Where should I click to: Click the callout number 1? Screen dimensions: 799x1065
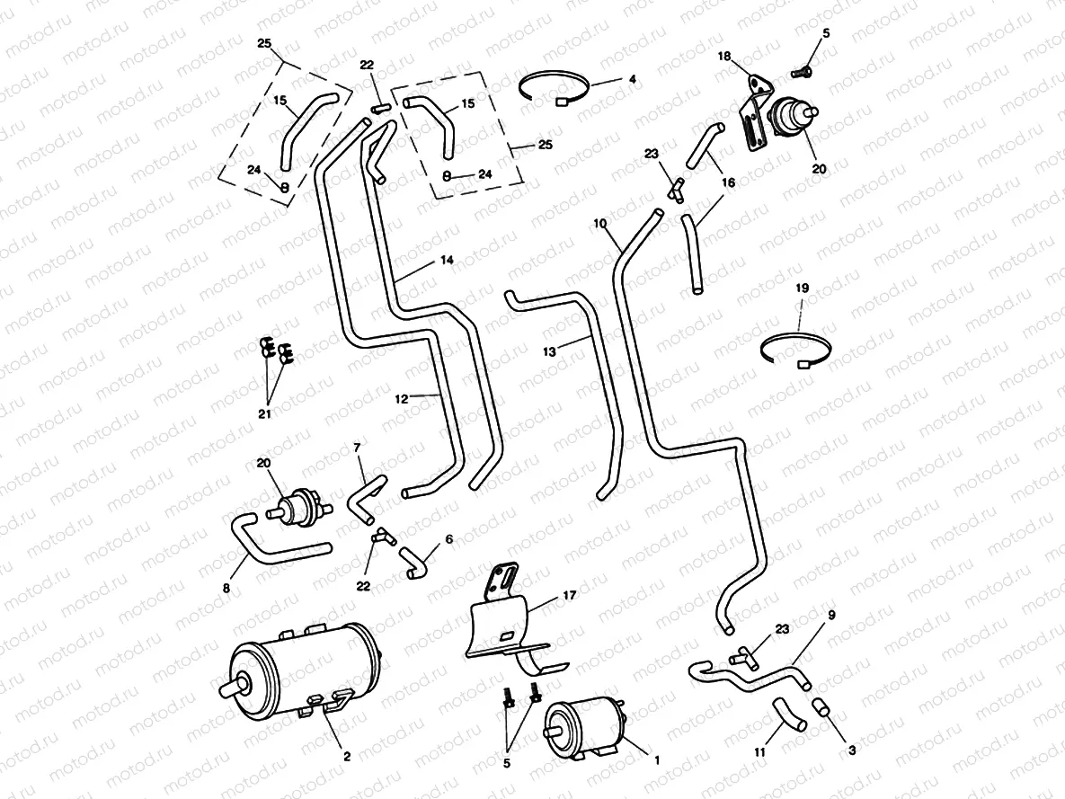[657, 759]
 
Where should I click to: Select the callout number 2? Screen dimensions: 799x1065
[347, 757]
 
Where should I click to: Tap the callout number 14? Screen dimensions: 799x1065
[446, 260]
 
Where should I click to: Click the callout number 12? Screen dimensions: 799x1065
[402, 396]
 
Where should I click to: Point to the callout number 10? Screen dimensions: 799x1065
[600, 221]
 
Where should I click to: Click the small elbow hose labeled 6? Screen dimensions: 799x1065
[415, 563]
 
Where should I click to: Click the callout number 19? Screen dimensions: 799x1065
[803, 289]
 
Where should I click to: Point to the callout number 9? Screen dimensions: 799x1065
[831, 615]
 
